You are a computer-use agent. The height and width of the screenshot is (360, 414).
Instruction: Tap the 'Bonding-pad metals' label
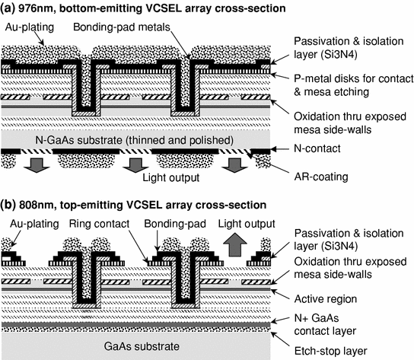pos(142,28)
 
